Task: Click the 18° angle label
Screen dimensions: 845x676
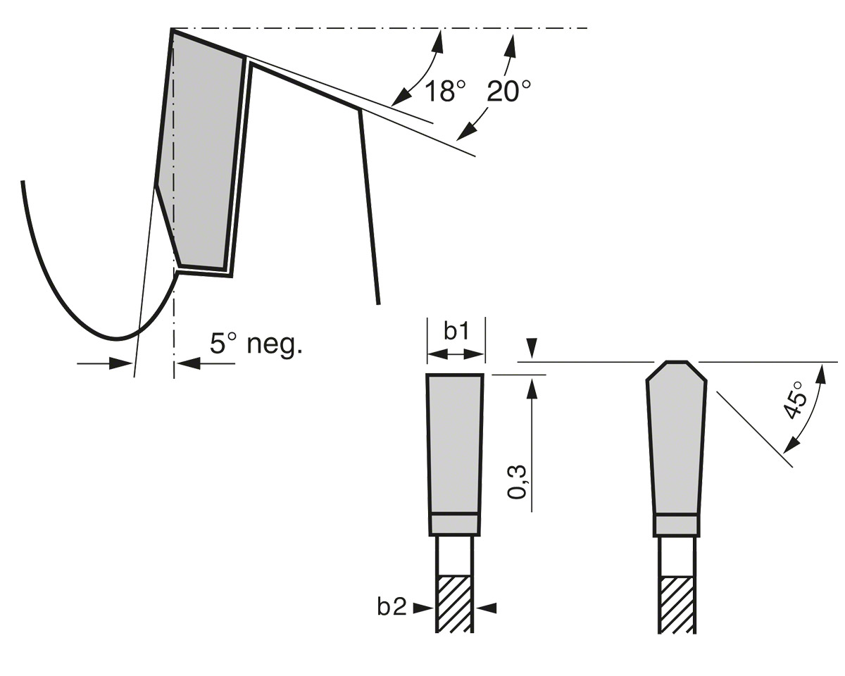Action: click(445, 91)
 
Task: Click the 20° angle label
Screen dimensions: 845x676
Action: click(509, 91)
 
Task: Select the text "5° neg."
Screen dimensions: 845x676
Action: click(256, 344)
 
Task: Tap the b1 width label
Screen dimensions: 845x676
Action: click(456, 331)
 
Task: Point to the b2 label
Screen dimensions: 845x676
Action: click(392, 607)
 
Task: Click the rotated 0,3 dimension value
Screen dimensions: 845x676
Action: click(517, 482)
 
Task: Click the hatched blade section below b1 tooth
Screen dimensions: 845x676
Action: click(455, 604)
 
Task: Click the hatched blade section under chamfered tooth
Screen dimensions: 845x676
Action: click(677, 605)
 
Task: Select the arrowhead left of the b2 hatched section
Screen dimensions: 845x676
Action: click(423, 608)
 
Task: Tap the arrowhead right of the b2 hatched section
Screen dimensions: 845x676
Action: click(487, 608)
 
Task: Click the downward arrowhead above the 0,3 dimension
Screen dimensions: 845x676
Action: click(531, 348)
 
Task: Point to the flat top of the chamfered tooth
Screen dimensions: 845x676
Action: click(677, 362)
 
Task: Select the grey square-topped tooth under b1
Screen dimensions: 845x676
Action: click(455, 443)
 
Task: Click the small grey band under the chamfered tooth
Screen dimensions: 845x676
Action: click(677, 525)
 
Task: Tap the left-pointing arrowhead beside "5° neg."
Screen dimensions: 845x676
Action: click(188, 363)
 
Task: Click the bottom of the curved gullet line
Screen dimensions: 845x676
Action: click(116, 338)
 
